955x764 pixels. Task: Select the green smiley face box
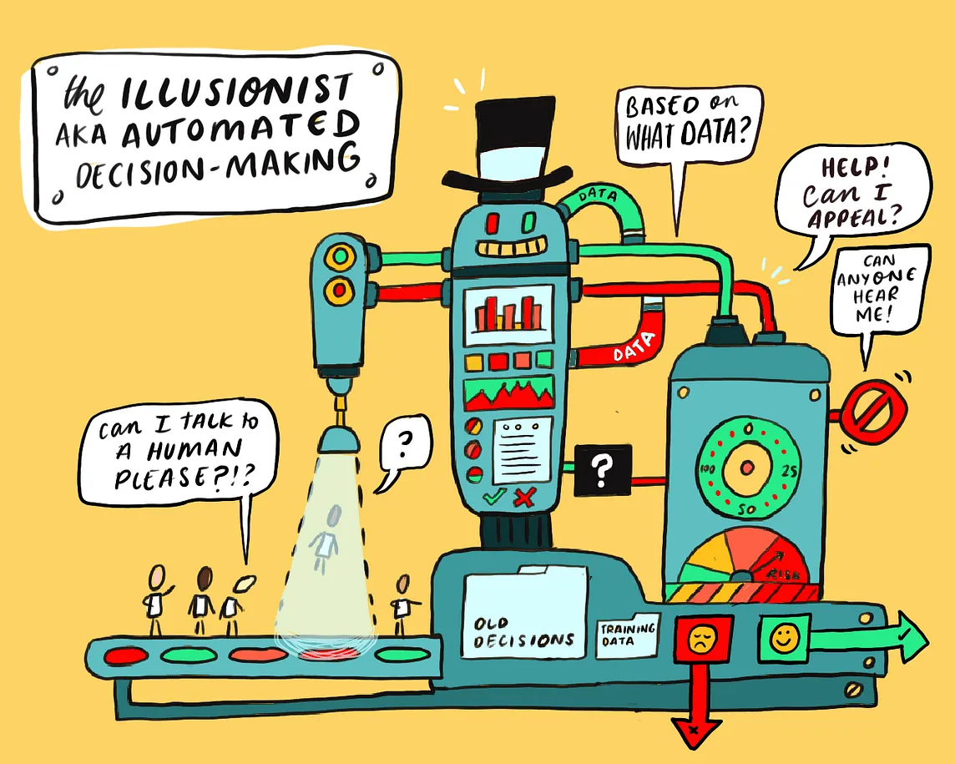point(783,638)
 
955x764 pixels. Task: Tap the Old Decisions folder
point(524,618)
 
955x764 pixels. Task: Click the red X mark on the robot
point(524,499)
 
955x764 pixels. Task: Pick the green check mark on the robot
point(494,498)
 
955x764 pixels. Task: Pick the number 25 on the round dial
point(791,471)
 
